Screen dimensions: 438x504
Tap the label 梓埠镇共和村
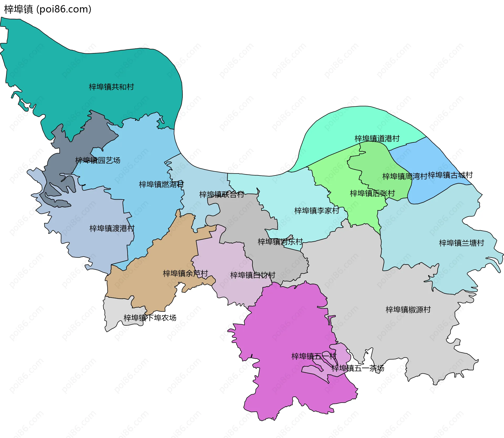[x=111, y=87]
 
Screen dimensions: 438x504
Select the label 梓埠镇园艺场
[x=98, y=160]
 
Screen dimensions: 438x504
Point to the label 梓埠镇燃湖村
[x=161, y=185]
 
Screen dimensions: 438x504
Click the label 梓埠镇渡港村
[x=112, y=228]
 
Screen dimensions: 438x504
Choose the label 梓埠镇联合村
[x=222, y=195]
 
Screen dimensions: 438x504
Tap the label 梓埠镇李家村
[x=317, y=211]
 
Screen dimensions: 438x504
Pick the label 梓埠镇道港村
[x=377, y=139]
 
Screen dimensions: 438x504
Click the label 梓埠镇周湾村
[x=405, y=176]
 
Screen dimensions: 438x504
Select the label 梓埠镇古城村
[x=450, y=175]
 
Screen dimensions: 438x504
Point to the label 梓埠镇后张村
[x=372, y=194]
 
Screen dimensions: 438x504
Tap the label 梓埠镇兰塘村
[x=461, y=243]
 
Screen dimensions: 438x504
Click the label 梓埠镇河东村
[x=280, y=242]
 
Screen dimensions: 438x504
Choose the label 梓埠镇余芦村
[x=185, y=274]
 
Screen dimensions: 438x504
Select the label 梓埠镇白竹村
[x=253, y=275]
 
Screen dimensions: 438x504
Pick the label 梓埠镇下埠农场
[x=150, y=318]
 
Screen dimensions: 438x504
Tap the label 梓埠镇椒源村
[x=408, y=310]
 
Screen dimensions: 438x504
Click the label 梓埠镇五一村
[x=314, y=356]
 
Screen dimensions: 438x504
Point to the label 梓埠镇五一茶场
[x=358, y=368]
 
